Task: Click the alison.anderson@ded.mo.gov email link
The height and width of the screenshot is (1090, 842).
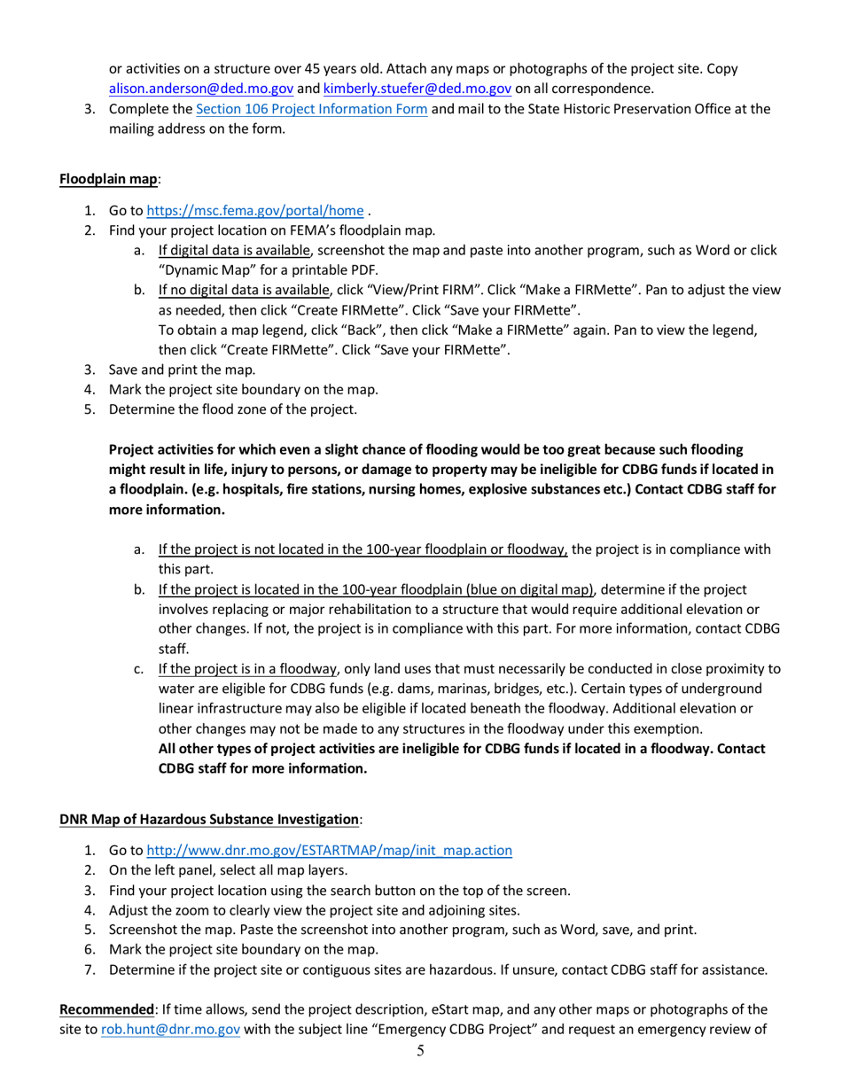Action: [200, 89]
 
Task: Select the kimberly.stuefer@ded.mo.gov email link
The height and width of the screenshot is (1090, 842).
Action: [417, 89]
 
